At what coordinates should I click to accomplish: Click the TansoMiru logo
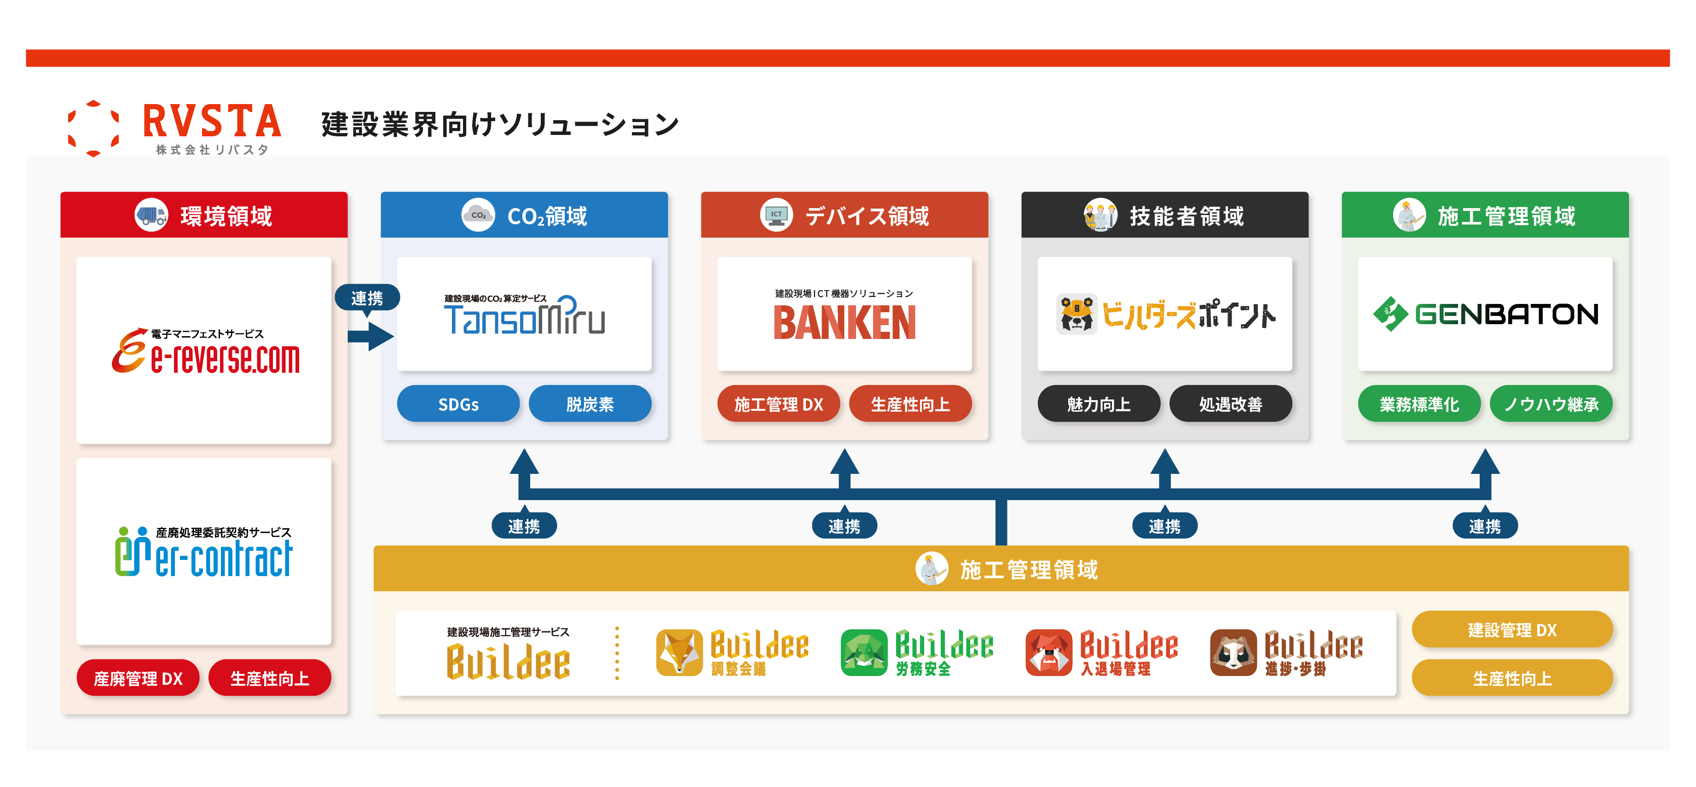[524, 315]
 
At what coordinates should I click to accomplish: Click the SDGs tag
[458, 404]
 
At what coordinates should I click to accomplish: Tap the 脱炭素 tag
[590, 404]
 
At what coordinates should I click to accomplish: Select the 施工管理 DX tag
[778, 404]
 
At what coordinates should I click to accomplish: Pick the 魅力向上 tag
[1099, 404]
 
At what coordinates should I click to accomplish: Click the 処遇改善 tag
[1231, 404]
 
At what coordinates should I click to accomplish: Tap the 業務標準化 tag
[1419, 404]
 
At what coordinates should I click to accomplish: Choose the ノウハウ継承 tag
[1551, 404]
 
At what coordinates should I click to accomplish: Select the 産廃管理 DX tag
[138, 678]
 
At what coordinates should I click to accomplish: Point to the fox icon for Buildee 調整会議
[679, 653]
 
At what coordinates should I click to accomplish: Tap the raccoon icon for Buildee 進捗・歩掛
[1233, 653]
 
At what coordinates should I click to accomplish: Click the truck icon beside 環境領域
[151, 216]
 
